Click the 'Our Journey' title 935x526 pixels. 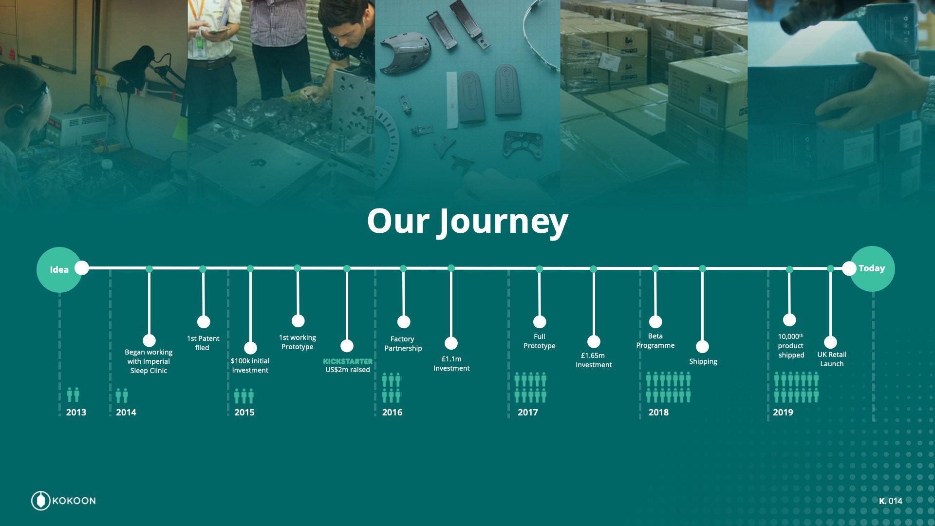tap(467, 222)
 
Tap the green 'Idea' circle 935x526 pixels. tap(59, 270)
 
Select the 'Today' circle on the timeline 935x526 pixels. tap(872, 268)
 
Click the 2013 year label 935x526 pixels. tap(76, 413)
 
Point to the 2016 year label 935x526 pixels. tap(392, 413)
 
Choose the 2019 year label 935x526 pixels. tap(783, 413)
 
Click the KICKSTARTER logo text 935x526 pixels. tap(348, 361)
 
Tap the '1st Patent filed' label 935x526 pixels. tap(203, 343)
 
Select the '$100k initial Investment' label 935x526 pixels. tap(250, 365)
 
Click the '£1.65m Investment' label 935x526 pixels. tap(593, 360)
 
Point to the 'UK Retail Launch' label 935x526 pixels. tap(832, 359)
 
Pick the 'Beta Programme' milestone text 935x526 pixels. tap(655, 340)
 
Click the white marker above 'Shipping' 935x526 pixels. tap(702, 347)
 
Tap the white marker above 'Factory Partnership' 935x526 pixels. tap(404, 322)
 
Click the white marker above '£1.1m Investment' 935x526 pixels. tap(451, 343)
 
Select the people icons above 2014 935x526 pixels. tap(122, 395)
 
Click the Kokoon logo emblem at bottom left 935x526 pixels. tap(41, 501)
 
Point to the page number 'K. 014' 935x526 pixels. tap(891, 501)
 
